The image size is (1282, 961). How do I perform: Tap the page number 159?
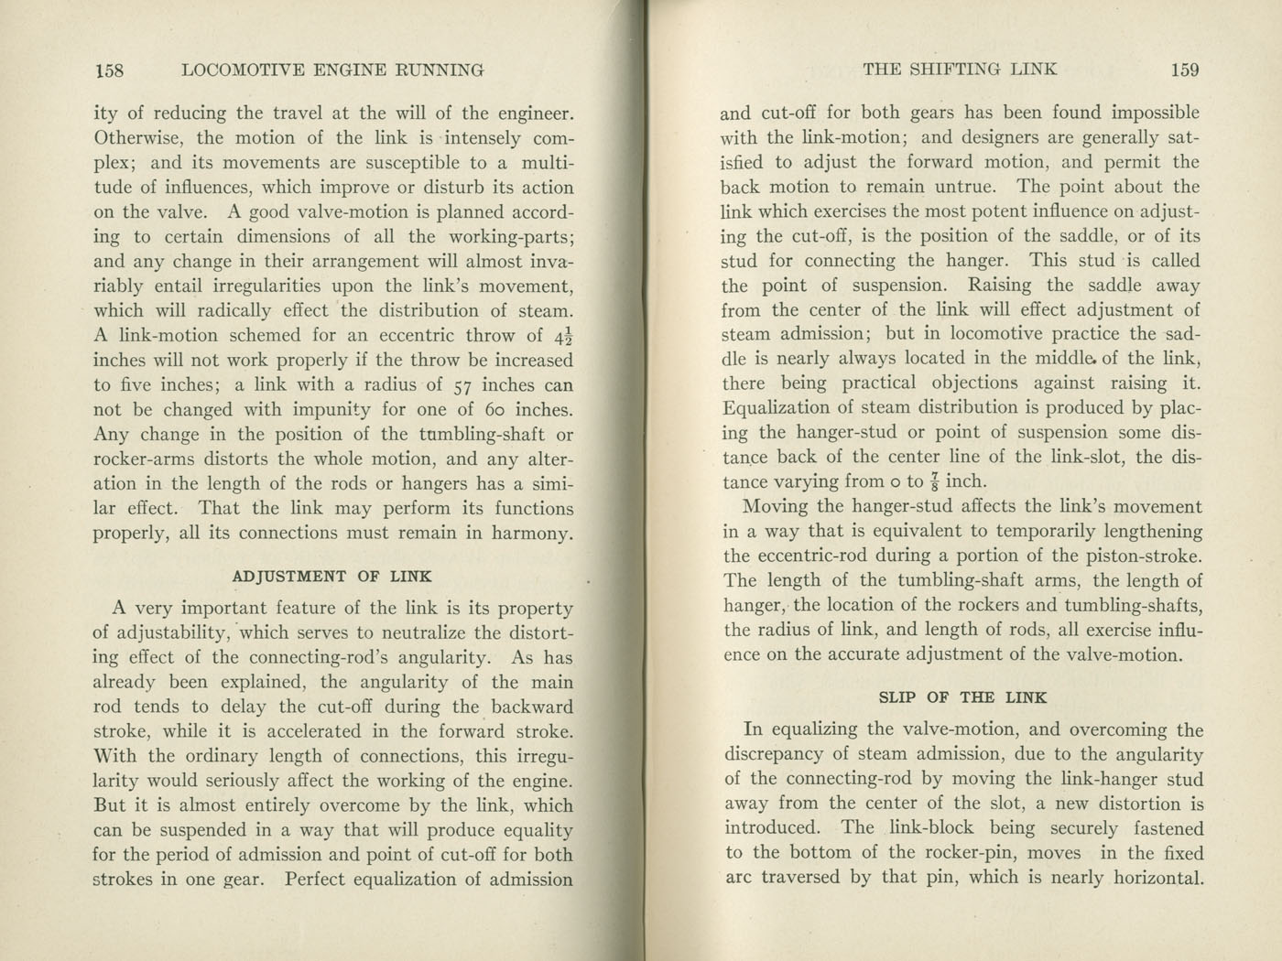pyautogui.click(x=1184, y=70)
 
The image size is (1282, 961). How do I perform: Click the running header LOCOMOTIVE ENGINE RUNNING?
pyautogui.click(x=333, y=70)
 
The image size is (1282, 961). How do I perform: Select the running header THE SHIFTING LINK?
pyautogui.click(x=961, y=70)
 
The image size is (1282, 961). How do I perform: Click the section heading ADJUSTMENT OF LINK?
pyautogui.click(x=332, y=577)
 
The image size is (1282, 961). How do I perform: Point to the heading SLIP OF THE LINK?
pyautogui.click(x=962, y=697)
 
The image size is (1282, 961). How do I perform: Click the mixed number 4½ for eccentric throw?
pyautogui.click(x=560, y=336)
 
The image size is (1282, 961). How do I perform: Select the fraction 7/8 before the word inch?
pyautogui.click(x=931, y=481)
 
